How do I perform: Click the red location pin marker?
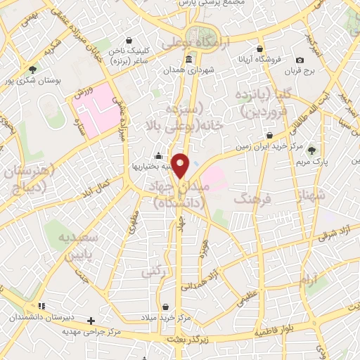pos(181,165)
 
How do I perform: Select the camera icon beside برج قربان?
pos(300,60)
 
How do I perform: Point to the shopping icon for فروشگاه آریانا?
pos(260,49)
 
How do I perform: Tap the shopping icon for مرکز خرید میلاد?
pos(165,307)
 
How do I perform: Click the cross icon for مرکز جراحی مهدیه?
pos(91,321)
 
